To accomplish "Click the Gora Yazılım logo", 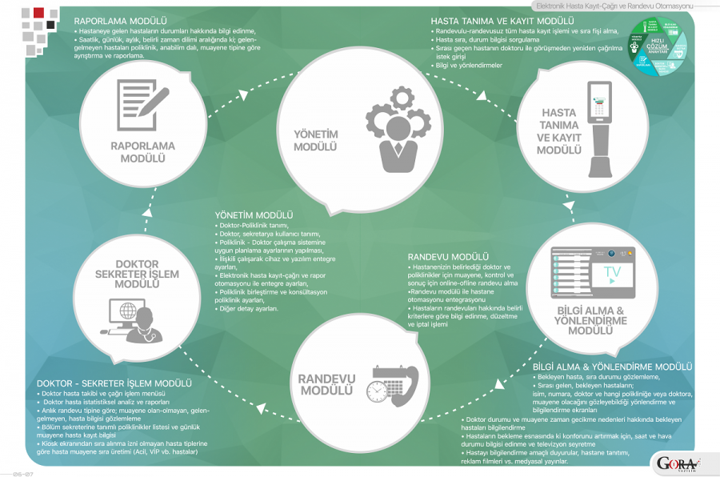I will click(677, 463).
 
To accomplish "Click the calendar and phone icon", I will click(392, 383).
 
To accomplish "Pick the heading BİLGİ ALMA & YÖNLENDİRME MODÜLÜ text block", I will click(612, 367).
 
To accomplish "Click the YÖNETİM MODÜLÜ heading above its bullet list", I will click(254, 216).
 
